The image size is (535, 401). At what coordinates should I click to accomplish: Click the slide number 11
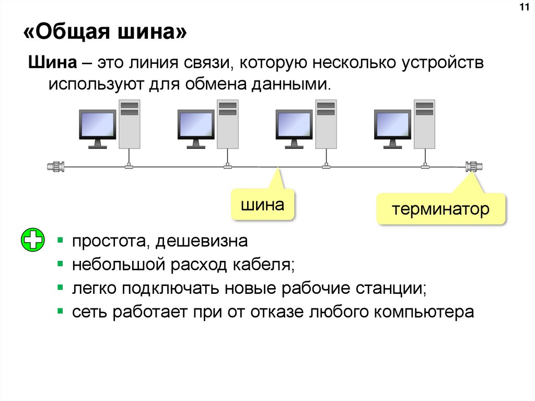pos(523,7)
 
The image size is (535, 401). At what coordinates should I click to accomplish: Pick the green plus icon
pos(33,241)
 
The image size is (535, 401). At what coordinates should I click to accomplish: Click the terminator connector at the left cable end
pos(55,167)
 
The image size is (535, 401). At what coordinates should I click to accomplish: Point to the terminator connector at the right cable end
pos(473,167)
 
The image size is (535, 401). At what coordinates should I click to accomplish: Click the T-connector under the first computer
pos(129,166)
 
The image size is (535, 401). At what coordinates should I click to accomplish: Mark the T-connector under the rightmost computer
pos(424,166)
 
